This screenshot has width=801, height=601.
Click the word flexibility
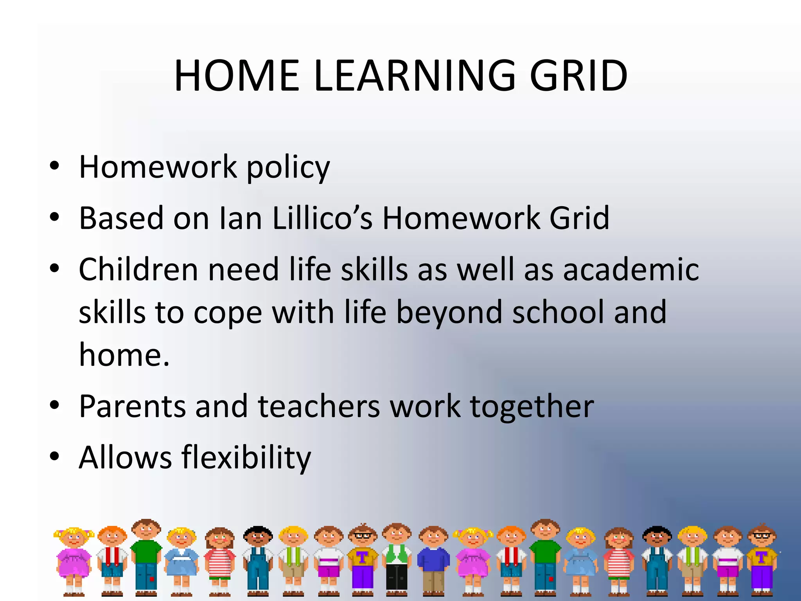tap(246, 458)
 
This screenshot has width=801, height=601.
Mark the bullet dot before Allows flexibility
tap(54, 456)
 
